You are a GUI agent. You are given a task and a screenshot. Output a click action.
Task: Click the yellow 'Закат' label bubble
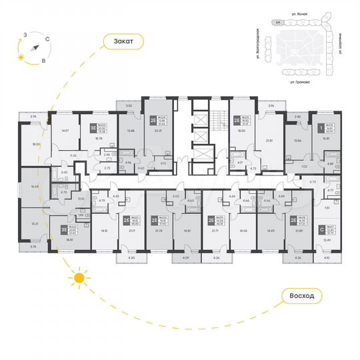(x=123, y=41)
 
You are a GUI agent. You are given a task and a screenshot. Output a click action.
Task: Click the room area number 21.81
(x=269, y=141)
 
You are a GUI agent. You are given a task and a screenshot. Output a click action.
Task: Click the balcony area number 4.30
(x=131, y=258)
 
